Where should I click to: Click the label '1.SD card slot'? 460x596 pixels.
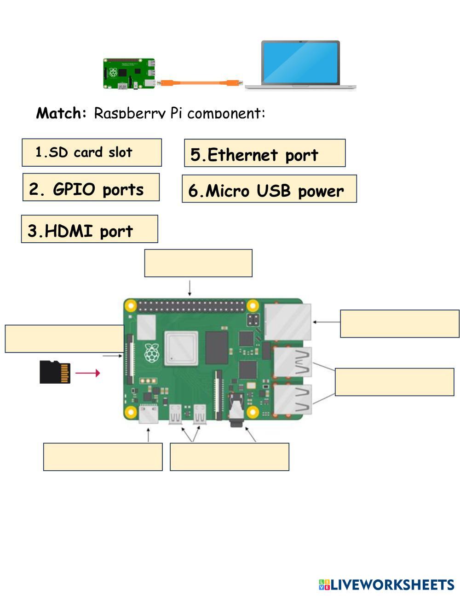[x=92, y=152]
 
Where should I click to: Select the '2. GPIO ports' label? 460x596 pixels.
[x=91, y=187]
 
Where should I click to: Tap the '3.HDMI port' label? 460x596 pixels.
[x=89, y=229]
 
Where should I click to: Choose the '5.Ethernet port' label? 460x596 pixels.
[x=264, y=153]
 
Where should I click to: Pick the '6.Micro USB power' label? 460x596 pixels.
[x=269, y=189]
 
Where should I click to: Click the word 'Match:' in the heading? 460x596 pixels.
[x=61, y=112]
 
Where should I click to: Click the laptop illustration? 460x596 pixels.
[x=301, y=64]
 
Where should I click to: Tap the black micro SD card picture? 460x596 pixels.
[x=55, y=372]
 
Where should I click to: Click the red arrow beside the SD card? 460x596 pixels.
[x=87, y=373]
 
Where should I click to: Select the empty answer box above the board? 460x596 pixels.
[x=198, y=263]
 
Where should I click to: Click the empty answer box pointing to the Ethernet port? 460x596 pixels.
[x=399, y=324]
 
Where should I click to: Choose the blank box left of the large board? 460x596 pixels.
[x=64, y=339]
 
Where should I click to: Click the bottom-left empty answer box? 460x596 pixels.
[x=103, y=457]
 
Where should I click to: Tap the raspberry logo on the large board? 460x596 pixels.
[x=152, y=352]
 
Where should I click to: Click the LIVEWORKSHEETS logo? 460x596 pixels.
[x=386, y=584]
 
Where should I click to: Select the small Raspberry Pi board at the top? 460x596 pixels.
[x=129, y=73]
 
